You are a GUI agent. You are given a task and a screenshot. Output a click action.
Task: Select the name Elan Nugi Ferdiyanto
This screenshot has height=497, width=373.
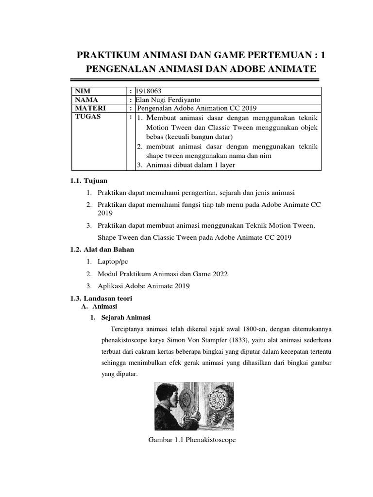[168, 99]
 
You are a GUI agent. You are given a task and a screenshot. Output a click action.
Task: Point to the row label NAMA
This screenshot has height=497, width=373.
[86, 99]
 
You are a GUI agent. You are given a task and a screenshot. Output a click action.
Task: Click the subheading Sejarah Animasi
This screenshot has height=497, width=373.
[126, 318]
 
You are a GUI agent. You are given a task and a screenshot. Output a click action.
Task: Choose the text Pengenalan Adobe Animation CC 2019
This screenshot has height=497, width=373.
[197, 108]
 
